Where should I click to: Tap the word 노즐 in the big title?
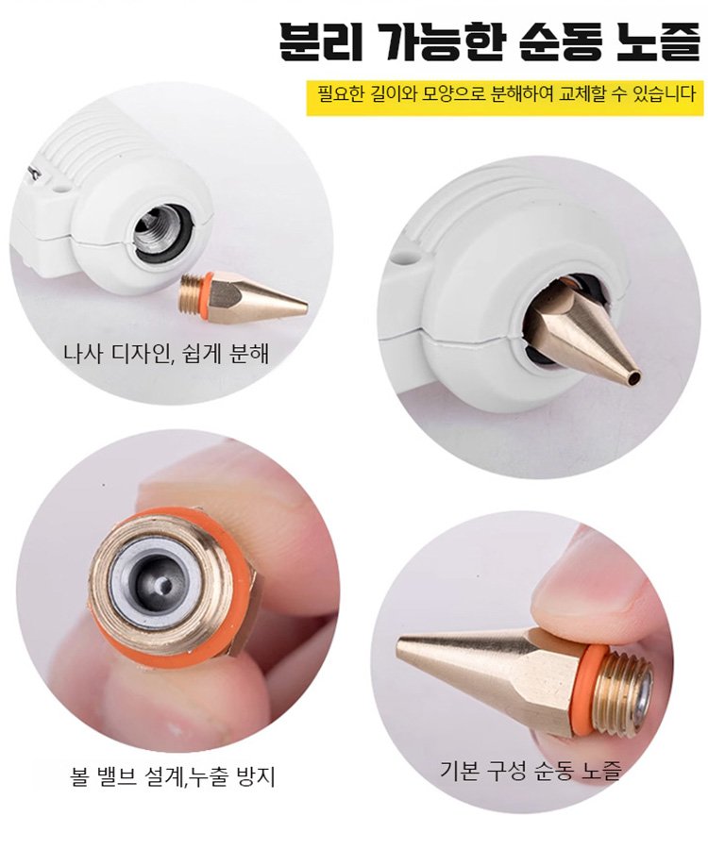tap(651, 42)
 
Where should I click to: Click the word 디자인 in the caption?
tap(138, 356)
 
